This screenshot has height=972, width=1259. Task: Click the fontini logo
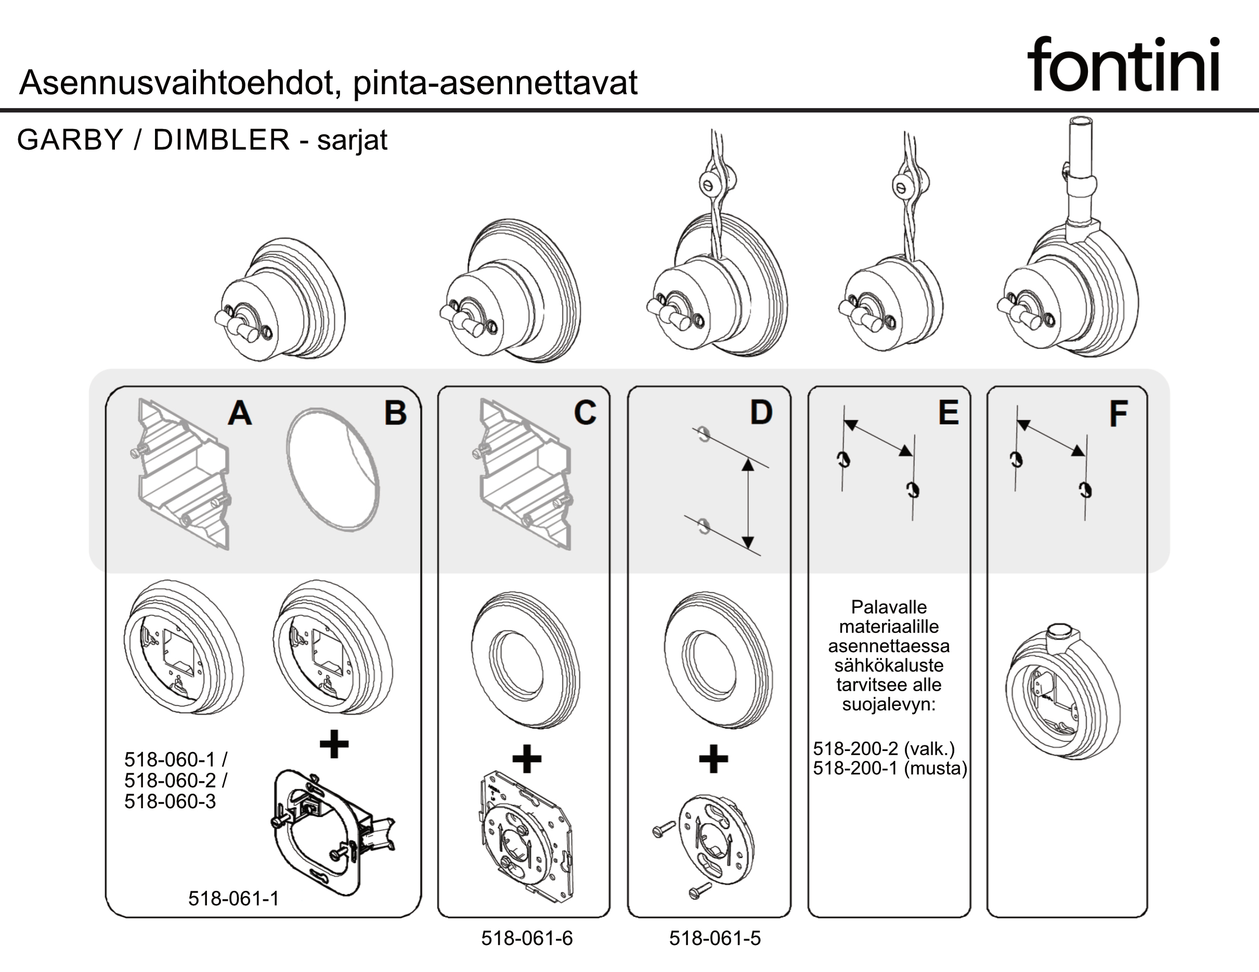point(1123,64)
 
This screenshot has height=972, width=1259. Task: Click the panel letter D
point(761,413)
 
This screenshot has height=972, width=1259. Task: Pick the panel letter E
point(949,413)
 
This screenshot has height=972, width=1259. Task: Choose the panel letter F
point(1119,414)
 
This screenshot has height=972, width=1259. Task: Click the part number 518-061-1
point(233,898)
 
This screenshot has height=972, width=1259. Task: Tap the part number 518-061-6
point(527,938)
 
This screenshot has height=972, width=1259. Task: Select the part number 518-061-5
point(715,938)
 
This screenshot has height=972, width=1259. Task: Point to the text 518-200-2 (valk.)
point(884,748)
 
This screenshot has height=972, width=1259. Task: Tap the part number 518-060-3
point(170,801)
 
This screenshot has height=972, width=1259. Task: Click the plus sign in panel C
point(527,758)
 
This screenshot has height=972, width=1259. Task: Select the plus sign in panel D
point(713,758)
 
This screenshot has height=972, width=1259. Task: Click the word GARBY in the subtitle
point(70,139)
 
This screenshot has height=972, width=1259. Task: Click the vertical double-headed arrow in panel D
point(748,503)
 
